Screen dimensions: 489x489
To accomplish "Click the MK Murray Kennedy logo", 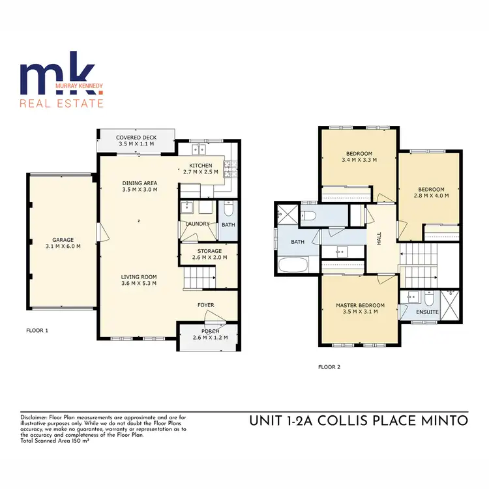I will point(61,85).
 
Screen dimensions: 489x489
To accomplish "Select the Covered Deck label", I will point(135,138).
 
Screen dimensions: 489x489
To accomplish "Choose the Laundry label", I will point(197,224).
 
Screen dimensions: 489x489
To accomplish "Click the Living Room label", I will point(139,276).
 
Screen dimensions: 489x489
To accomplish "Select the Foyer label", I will point(206,304).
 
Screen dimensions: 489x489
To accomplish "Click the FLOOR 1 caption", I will point(37,331).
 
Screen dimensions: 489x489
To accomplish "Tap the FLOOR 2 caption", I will point(329,367).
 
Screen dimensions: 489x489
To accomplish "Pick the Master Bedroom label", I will point(360,305).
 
